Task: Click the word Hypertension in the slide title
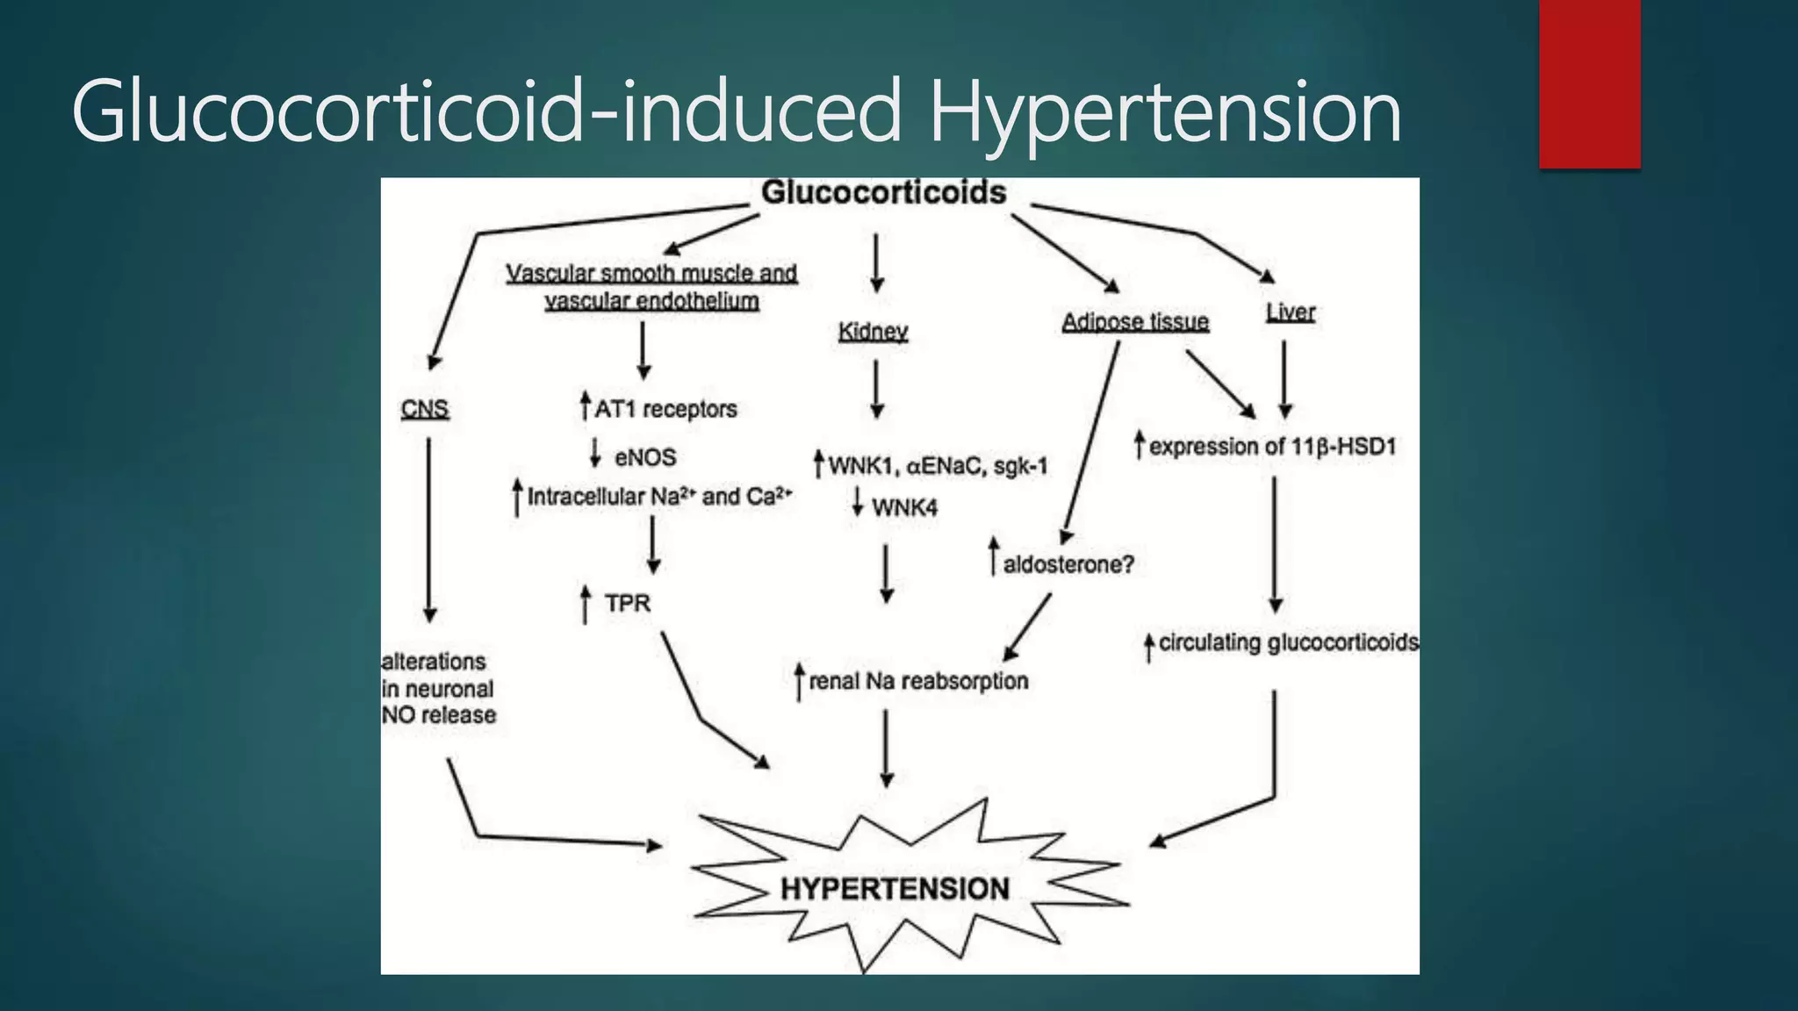(x=1164, y=112)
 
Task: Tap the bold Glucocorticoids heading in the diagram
(x=883, y=192)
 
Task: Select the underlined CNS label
(x=425, y=408)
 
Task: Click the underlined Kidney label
(x=873, y=332)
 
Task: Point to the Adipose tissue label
(x=1135, y=322)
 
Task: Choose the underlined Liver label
(x=1290, y=312)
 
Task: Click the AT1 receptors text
(x=665, y=409)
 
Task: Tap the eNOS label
(x=644, y=457)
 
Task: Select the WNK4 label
(x=903, y=507)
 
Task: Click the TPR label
(x=627, y=604)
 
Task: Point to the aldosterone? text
(x=1068, y=564)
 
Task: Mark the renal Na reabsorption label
(x=917, y=681)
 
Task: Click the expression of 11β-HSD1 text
(x=1271, y=447)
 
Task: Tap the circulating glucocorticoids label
(x=1287, y=643)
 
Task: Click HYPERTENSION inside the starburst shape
(x=895, y=889)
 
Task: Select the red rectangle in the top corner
(x=1589, y=84)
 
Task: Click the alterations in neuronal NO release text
(x=438, y=689)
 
